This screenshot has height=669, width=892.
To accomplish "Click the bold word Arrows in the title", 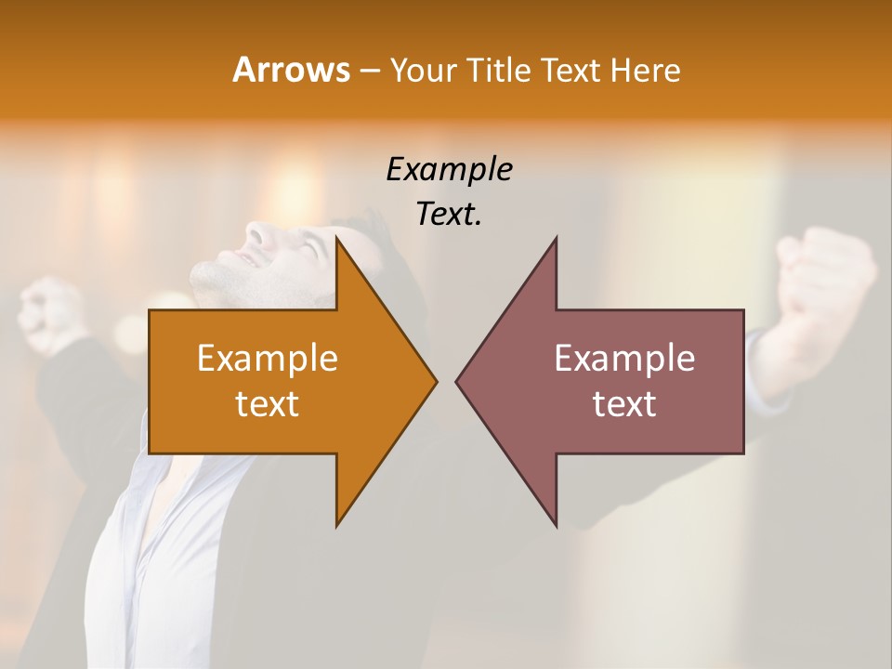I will click(291, 70).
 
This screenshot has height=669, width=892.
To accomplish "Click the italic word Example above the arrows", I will click(449, 170).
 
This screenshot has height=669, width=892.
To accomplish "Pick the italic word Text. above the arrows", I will click(449, 214).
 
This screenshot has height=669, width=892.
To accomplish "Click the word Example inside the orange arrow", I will click(268, 359).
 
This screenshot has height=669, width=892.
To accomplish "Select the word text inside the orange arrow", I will click(268, 404).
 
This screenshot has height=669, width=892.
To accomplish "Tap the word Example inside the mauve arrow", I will click(624, 359).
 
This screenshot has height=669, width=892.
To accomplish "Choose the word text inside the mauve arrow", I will click(624, 404).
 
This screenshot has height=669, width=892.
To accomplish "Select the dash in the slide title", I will click(369, 71).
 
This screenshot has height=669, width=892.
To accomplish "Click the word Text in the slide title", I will click(571, 70).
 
